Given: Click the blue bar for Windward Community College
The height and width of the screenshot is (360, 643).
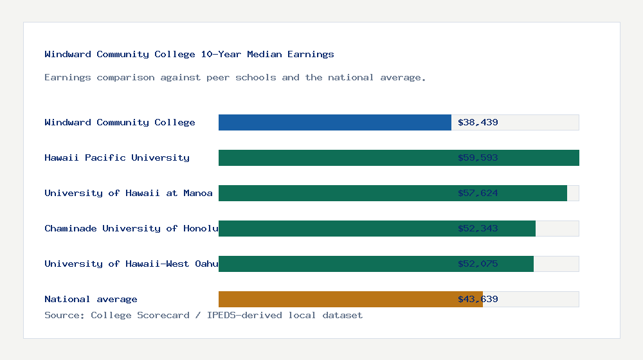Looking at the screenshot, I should pyautogui.click(x=334, y=122).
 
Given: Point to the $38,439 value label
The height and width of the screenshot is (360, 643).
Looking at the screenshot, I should pyautogui.click(x=478, y=122).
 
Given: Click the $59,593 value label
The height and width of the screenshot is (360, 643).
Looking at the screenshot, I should pyautogui.click(x=478, y=157).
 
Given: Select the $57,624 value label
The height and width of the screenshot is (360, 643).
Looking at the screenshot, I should pyautogui.click(x=478, y=193).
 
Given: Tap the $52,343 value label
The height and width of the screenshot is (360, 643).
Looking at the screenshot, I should pyautogui.click(x=478, y=228).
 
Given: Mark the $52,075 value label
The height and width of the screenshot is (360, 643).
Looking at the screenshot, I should pyautogui.click(x=478, y=264).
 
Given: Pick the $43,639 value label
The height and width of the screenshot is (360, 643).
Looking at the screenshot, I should pyautogui.click(x=478, y=299).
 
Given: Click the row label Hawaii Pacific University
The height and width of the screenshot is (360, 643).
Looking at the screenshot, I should pyautogui.click(x=117, y=157).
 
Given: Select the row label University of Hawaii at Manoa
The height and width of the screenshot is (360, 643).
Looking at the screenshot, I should pyautogui.click(x=129, y=193).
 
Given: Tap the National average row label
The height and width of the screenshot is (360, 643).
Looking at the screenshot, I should pyautogui.click(x=91, y=299).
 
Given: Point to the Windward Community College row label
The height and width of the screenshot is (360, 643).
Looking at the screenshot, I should pyautogui.click(x=120, y=122).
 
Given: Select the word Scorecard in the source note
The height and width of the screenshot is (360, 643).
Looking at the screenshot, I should pyautogui.click(x=163, y=315).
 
